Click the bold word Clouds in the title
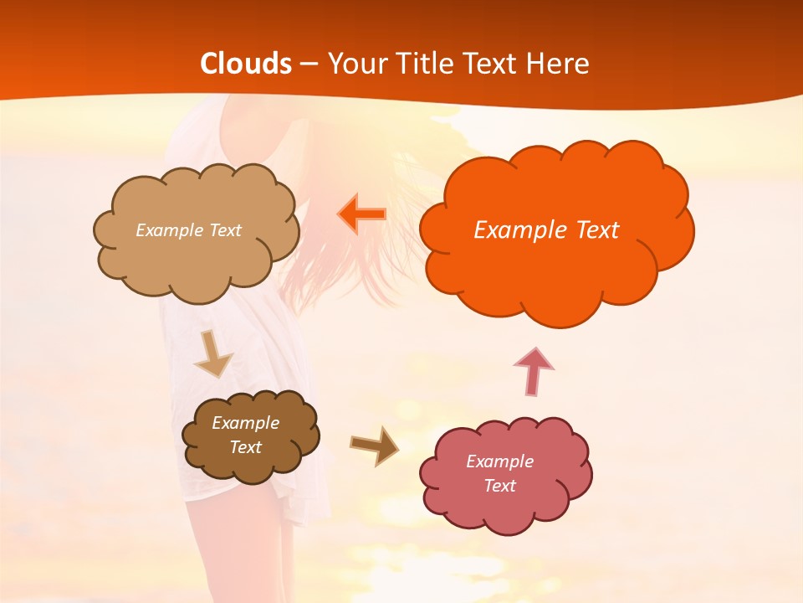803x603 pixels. [246, 64]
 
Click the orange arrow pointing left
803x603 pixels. [362, 214]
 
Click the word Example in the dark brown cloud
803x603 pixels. [245, 423]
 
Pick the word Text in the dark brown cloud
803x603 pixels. [245, 447]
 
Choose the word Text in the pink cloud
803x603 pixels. [499, 486]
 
